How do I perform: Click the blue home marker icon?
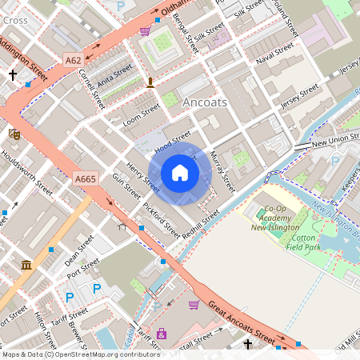[180, 173]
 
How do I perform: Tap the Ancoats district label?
[205, 103]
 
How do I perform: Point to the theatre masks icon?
[14, 134]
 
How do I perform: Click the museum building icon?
[26, 265]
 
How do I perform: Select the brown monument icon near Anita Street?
[150, 82]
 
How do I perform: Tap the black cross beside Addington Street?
[12, 74]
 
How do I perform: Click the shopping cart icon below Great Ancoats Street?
[194, 304]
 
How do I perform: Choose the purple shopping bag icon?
[162, 334]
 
